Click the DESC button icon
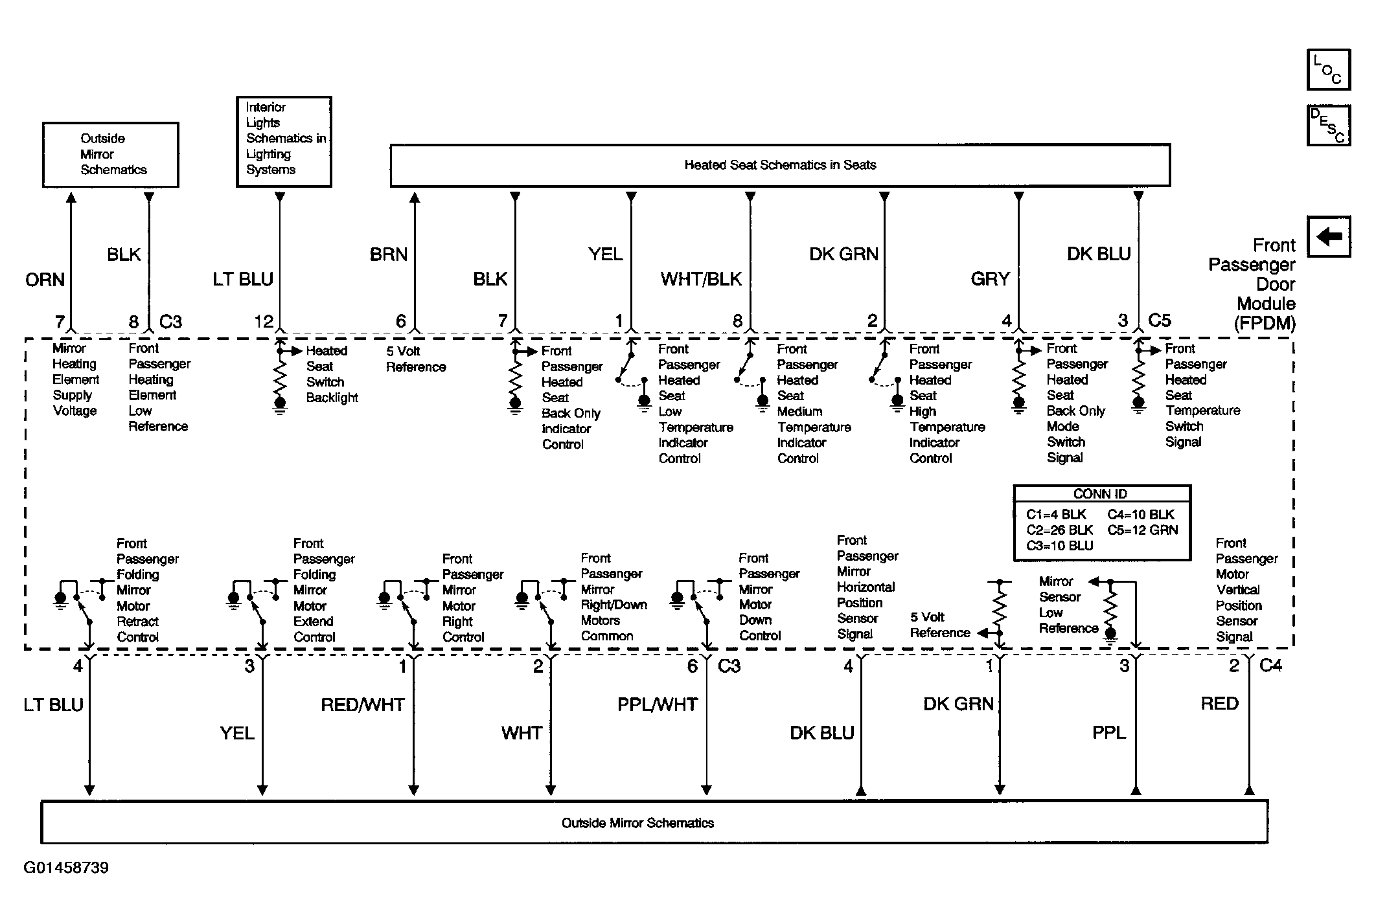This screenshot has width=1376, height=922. (1328, 126)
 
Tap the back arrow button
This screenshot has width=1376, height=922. (1328, 236)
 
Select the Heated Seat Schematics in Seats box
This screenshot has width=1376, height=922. (780, 165)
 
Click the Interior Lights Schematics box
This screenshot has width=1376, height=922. (284, 141)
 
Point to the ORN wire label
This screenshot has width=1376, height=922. (45, 280)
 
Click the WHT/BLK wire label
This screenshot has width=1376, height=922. (701, 279)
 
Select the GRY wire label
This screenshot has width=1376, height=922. (990, 279)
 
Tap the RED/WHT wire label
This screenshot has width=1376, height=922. (363, 704)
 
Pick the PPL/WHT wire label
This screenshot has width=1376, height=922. (658, 704)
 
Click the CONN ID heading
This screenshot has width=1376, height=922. (1100, 494)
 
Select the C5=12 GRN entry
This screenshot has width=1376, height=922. (1143, 530)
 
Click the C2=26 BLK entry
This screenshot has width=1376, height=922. (1060, 530)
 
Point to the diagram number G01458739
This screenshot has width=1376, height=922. (66, 868)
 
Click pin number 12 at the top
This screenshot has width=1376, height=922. (264, 321)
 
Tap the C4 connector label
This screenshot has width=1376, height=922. (1270, 665)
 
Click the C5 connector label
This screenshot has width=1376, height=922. (1159, 320)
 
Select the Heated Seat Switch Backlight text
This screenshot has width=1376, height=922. (331, 374)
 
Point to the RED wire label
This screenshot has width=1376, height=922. (1219, 704)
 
